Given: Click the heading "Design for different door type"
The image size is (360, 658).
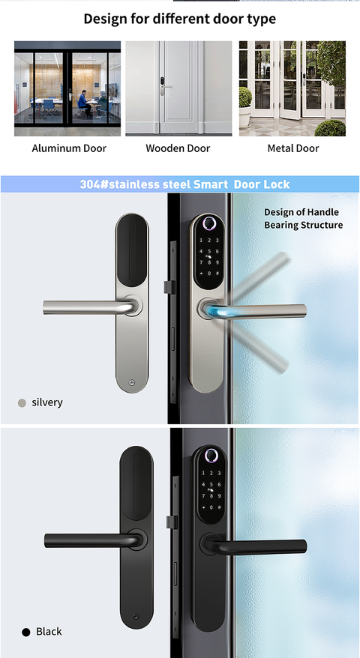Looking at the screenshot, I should pyautogui.click(x=179, y=19).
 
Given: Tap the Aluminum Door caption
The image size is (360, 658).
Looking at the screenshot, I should pyautogui.click(x=69, y=148).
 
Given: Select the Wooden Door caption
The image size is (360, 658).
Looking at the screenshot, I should pyautogui.click(x=178, y=148).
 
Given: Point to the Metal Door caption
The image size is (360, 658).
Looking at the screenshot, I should pyautogui.click(x=293, y=148).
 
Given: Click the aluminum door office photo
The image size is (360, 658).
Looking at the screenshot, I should pyautogui.click(x=67, y=88).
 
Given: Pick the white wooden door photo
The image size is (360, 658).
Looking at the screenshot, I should pyautogui.click(x=178, y=88).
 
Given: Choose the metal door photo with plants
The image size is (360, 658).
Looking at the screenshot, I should pyautogui.click(x=292, y=88).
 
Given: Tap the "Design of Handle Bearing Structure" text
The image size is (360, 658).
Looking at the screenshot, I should pyautogui.click(x=303, y=219).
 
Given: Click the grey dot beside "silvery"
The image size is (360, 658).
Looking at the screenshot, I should pyautogui.click(x=22, y=403).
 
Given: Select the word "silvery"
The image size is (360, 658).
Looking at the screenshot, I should pyautogui.click(x=47, y=402).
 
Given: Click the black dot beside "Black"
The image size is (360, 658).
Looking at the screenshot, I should pyautogui.click(x=25, y=632).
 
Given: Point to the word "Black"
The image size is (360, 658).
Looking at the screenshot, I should pyautogui.click(x=49, y=632).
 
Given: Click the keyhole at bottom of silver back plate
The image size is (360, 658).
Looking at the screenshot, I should pyautogui.click(x=133, y=383).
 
